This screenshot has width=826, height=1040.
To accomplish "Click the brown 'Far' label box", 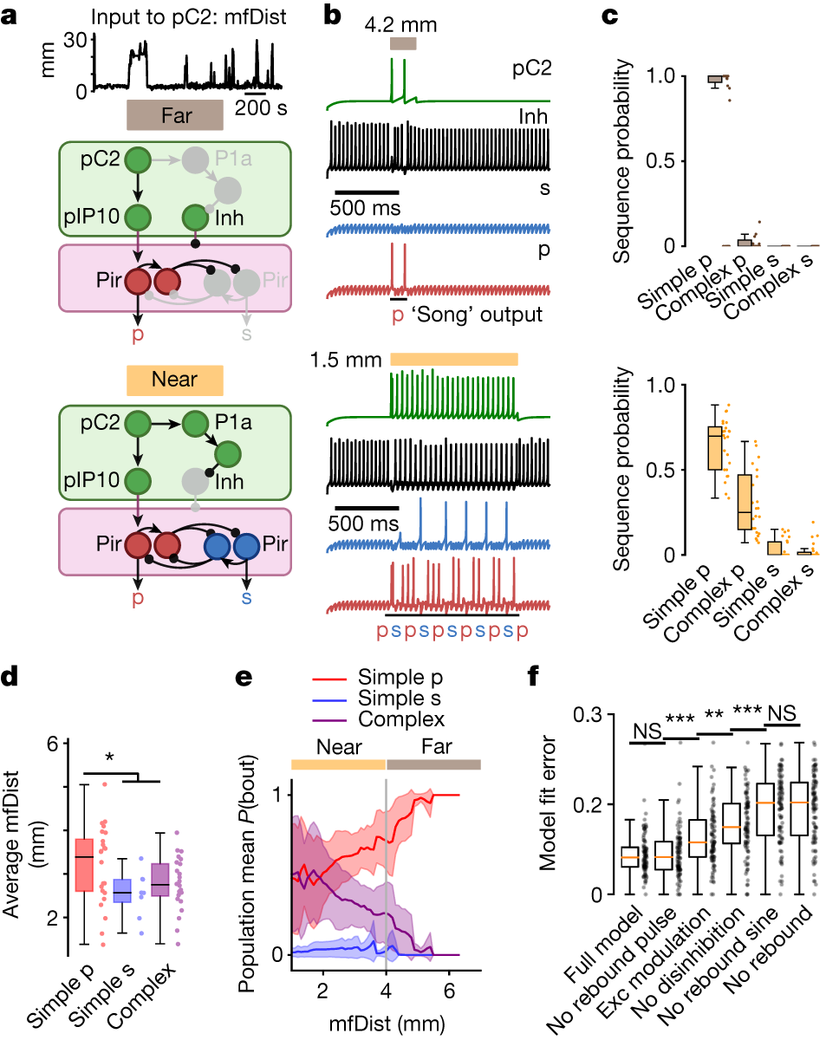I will [x=176, y=114].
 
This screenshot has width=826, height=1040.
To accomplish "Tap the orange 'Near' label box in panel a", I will [x=175, y=379].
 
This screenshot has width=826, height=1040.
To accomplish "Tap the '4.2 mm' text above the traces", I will [x=403, y=22].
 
